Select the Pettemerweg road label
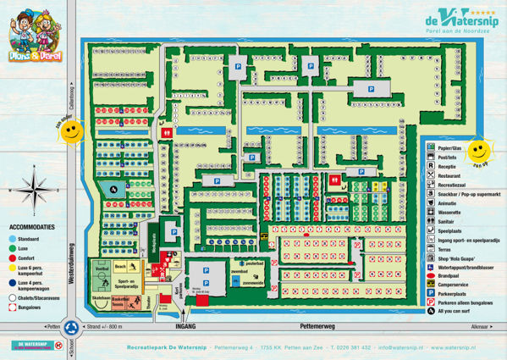tap(318, 326)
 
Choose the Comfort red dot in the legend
tap(13, 257)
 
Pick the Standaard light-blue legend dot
tap(13, 238)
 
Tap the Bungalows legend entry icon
tap(13, 308)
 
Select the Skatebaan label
tap(100, 298)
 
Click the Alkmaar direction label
tap(481, 326)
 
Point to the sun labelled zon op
tap(480, 152)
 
